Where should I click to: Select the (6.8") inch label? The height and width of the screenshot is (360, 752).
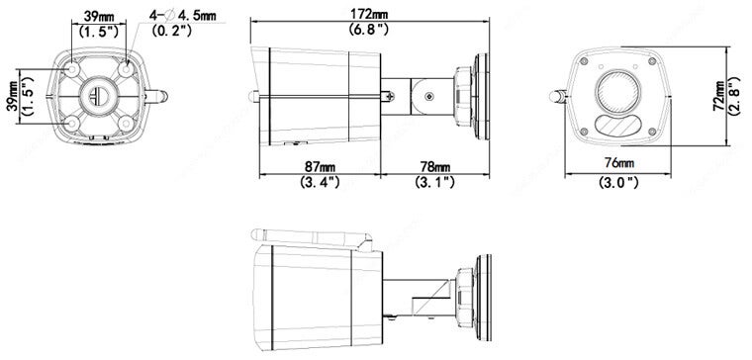[x=369, y=30]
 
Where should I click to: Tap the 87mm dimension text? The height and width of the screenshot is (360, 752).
[x=320, y=166]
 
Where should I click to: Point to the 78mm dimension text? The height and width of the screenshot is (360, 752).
[x=435, y=166]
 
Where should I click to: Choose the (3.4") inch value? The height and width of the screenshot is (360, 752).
[x=320, y=182]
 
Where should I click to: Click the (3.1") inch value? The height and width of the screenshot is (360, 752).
[x=434, y=182]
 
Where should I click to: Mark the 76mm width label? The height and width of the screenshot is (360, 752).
[x=619, y=163]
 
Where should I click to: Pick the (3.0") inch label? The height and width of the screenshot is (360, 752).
[x=618, y=182]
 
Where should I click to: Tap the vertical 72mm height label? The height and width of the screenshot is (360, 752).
[x=718, y=96]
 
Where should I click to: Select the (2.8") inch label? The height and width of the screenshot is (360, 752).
[x=735, y=96]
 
